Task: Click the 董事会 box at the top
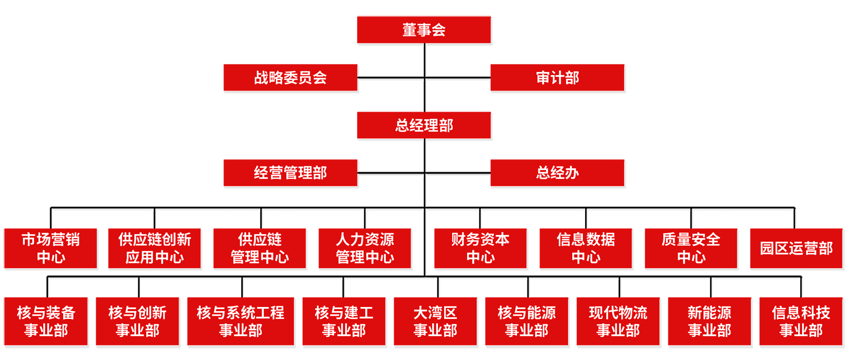[x=423, y=30]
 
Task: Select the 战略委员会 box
[x=290, y=78]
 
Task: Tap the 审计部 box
[x=557, y=78]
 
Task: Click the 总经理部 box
[x=423, y=125]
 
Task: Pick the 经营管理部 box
[x=290, y=173]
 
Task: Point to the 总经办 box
[x=557, y=173]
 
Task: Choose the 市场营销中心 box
[x=50, y=248]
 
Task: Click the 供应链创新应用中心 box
[x=154, y=248]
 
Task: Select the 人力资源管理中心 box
[x=364, y=248]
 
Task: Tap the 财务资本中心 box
[x=480, y=248]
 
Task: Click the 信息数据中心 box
[x=586, y=248]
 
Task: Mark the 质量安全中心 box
[x=691, y=248]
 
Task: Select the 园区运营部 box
[x=796, y=248]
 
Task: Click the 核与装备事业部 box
[x=46, y=321]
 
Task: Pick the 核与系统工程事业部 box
[x=240, y=321]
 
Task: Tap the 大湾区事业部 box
[x=435, y=321]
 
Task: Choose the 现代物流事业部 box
[x=618, y=321]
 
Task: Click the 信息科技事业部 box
[x=801, y=321]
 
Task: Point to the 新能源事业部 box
[x=709, y=321]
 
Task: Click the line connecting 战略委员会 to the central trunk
[x=391, y=78]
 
